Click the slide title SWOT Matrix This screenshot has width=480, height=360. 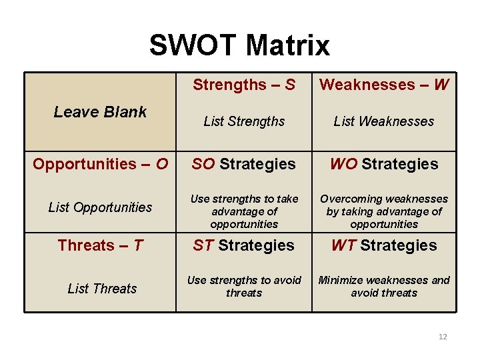pos(239,45)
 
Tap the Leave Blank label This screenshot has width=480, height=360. pos(100,112)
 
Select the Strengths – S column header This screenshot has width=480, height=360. pos(244,85)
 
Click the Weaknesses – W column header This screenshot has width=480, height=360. pos(384,85)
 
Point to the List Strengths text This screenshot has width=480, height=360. pos(244,121)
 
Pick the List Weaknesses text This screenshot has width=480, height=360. pos(384,121)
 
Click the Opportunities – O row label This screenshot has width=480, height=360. pos(101,164)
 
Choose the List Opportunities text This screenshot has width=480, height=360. pos(101,207)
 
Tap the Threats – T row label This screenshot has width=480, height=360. pos(101,245)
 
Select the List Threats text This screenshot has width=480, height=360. pos(102,289)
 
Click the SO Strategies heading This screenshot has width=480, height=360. pos(244,164)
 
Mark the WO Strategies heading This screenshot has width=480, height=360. pos(384,164)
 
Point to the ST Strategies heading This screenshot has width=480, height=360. pos(244,245)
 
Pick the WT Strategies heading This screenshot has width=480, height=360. pos(384,245)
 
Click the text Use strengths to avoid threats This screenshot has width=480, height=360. pos(244,287)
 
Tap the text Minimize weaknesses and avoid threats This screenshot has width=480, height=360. pos(384,287)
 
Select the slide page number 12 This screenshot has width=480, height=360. pos(443,337)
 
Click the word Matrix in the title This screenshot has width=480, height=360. pos(287,45)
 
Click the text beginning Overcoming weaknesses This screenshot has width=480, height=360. pos(384,211)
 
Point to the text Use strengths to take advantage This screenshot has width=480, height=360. pos(244,211)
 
